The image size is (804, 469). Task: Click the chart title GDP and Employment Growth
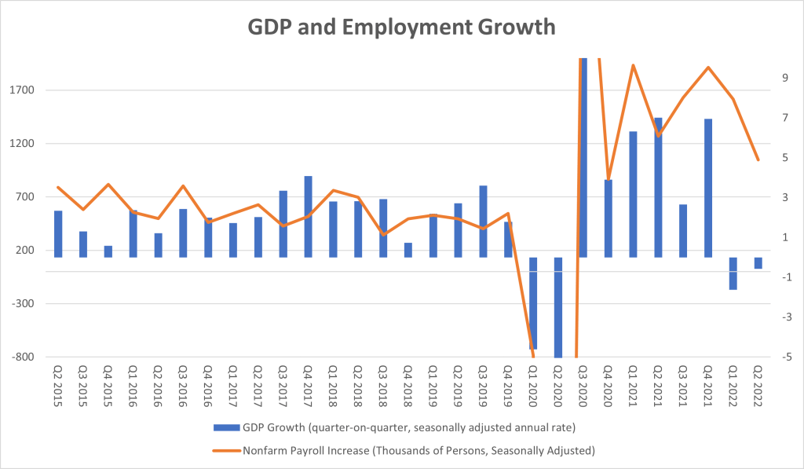(402, 27)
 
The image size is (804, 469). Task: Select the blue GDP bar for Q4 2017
(309, 216)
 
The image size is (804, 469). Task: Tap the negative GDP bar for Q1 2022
(733, 273)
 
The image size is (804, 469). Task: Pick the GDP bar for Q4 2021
(708, 189)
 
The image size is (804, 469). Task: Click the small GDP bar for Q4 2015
(108, 251)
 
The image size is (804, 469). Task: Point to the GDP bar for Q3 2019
(483, 222)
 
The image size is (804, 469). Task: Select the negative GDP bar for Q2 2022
(758, 263)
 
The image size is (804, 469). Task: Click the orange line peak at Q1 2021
(633, 65)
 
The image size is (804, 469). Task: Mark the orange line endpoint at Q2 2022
(758, 160)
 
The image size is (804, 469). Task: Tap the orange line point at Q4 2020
(608, 179)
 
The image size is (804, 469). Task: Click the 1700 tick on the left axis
(24, 90)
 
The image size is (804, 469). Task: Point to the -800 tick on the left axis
(24, 357)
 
